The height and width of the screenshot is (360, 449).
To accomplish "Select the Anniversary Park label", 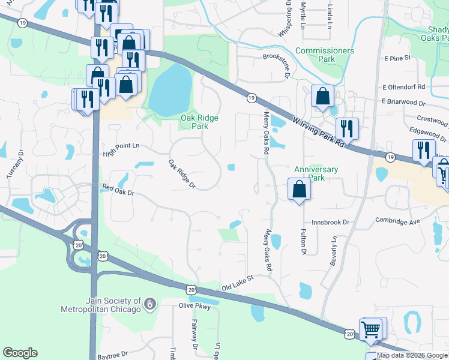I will pyautogui.click(x=317, y=173).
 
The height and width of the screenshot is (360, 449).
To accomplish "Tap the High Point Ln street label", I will pyautogui.click(x=121, y=146).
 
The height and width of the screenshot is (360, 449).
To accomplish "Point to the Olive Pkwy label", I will pyautogui.click(x=195, y=306).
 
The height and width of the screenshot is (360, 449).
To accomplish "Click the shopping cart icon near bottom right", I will pyautogui.click(x=371, y=329).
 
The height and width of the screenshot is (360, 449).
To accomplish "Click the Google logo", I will pyautogui.click(x=20, y=353).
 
